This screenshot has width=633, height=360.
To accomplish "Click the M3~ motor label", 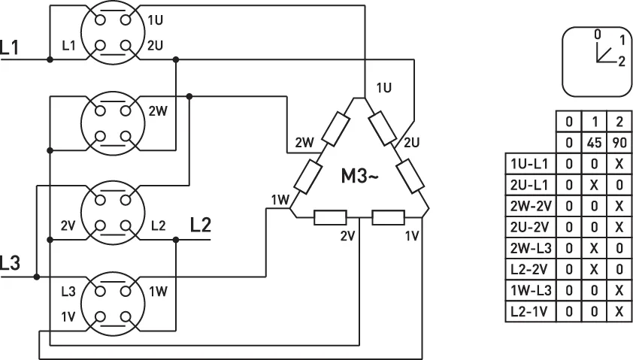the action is (359, 176).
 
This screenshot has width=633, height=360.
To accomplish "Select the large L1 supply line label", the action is (10, 47).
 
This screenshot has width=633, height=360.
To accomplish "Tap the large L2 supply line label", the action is (201, 225).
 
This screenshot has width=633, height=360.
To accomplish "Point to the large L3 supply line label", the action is (10, 263).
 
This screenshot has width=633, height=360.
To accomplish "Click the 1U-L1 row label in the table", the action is (530, 164).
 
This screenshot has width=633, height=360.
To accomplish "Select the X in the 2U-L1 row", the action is (594, 185).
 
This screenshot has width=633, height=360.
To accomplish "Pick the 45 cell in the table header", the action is (594, 143).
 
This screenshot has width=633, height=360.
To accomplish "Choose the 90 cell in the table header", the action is (619, 143).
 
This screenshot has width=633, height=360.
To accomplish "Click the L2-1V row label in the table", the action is (530, 312).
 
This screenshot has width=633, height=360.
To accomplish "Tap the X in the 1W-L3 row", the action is (619, 291).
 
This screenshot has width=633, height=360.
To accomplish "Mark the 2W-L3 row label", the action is (531, 248).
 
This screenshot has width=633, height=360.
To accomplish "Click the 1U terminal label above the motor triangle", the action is (384, 88).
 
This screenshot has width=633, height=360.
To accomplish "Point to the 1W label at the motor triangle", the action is (280, 199).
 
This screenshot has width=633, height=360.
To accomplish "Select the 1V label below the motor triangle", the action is (412, 236).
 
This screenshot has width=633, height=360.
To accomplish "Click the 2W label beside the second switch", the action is (158, 111).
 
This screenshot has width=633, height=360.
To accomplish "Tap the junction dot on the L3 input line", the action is (37, 277).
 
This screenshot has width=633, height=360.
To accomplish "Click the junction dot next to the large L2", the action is (176, 240).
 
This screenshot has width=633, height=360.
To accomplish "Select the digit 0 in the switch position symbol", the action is (598, 35).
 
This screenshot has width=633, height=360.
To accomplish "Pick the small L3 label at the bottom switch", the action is (68, 292).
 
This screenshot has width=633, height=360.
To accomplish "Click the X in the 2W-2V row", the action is (619, 206).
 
